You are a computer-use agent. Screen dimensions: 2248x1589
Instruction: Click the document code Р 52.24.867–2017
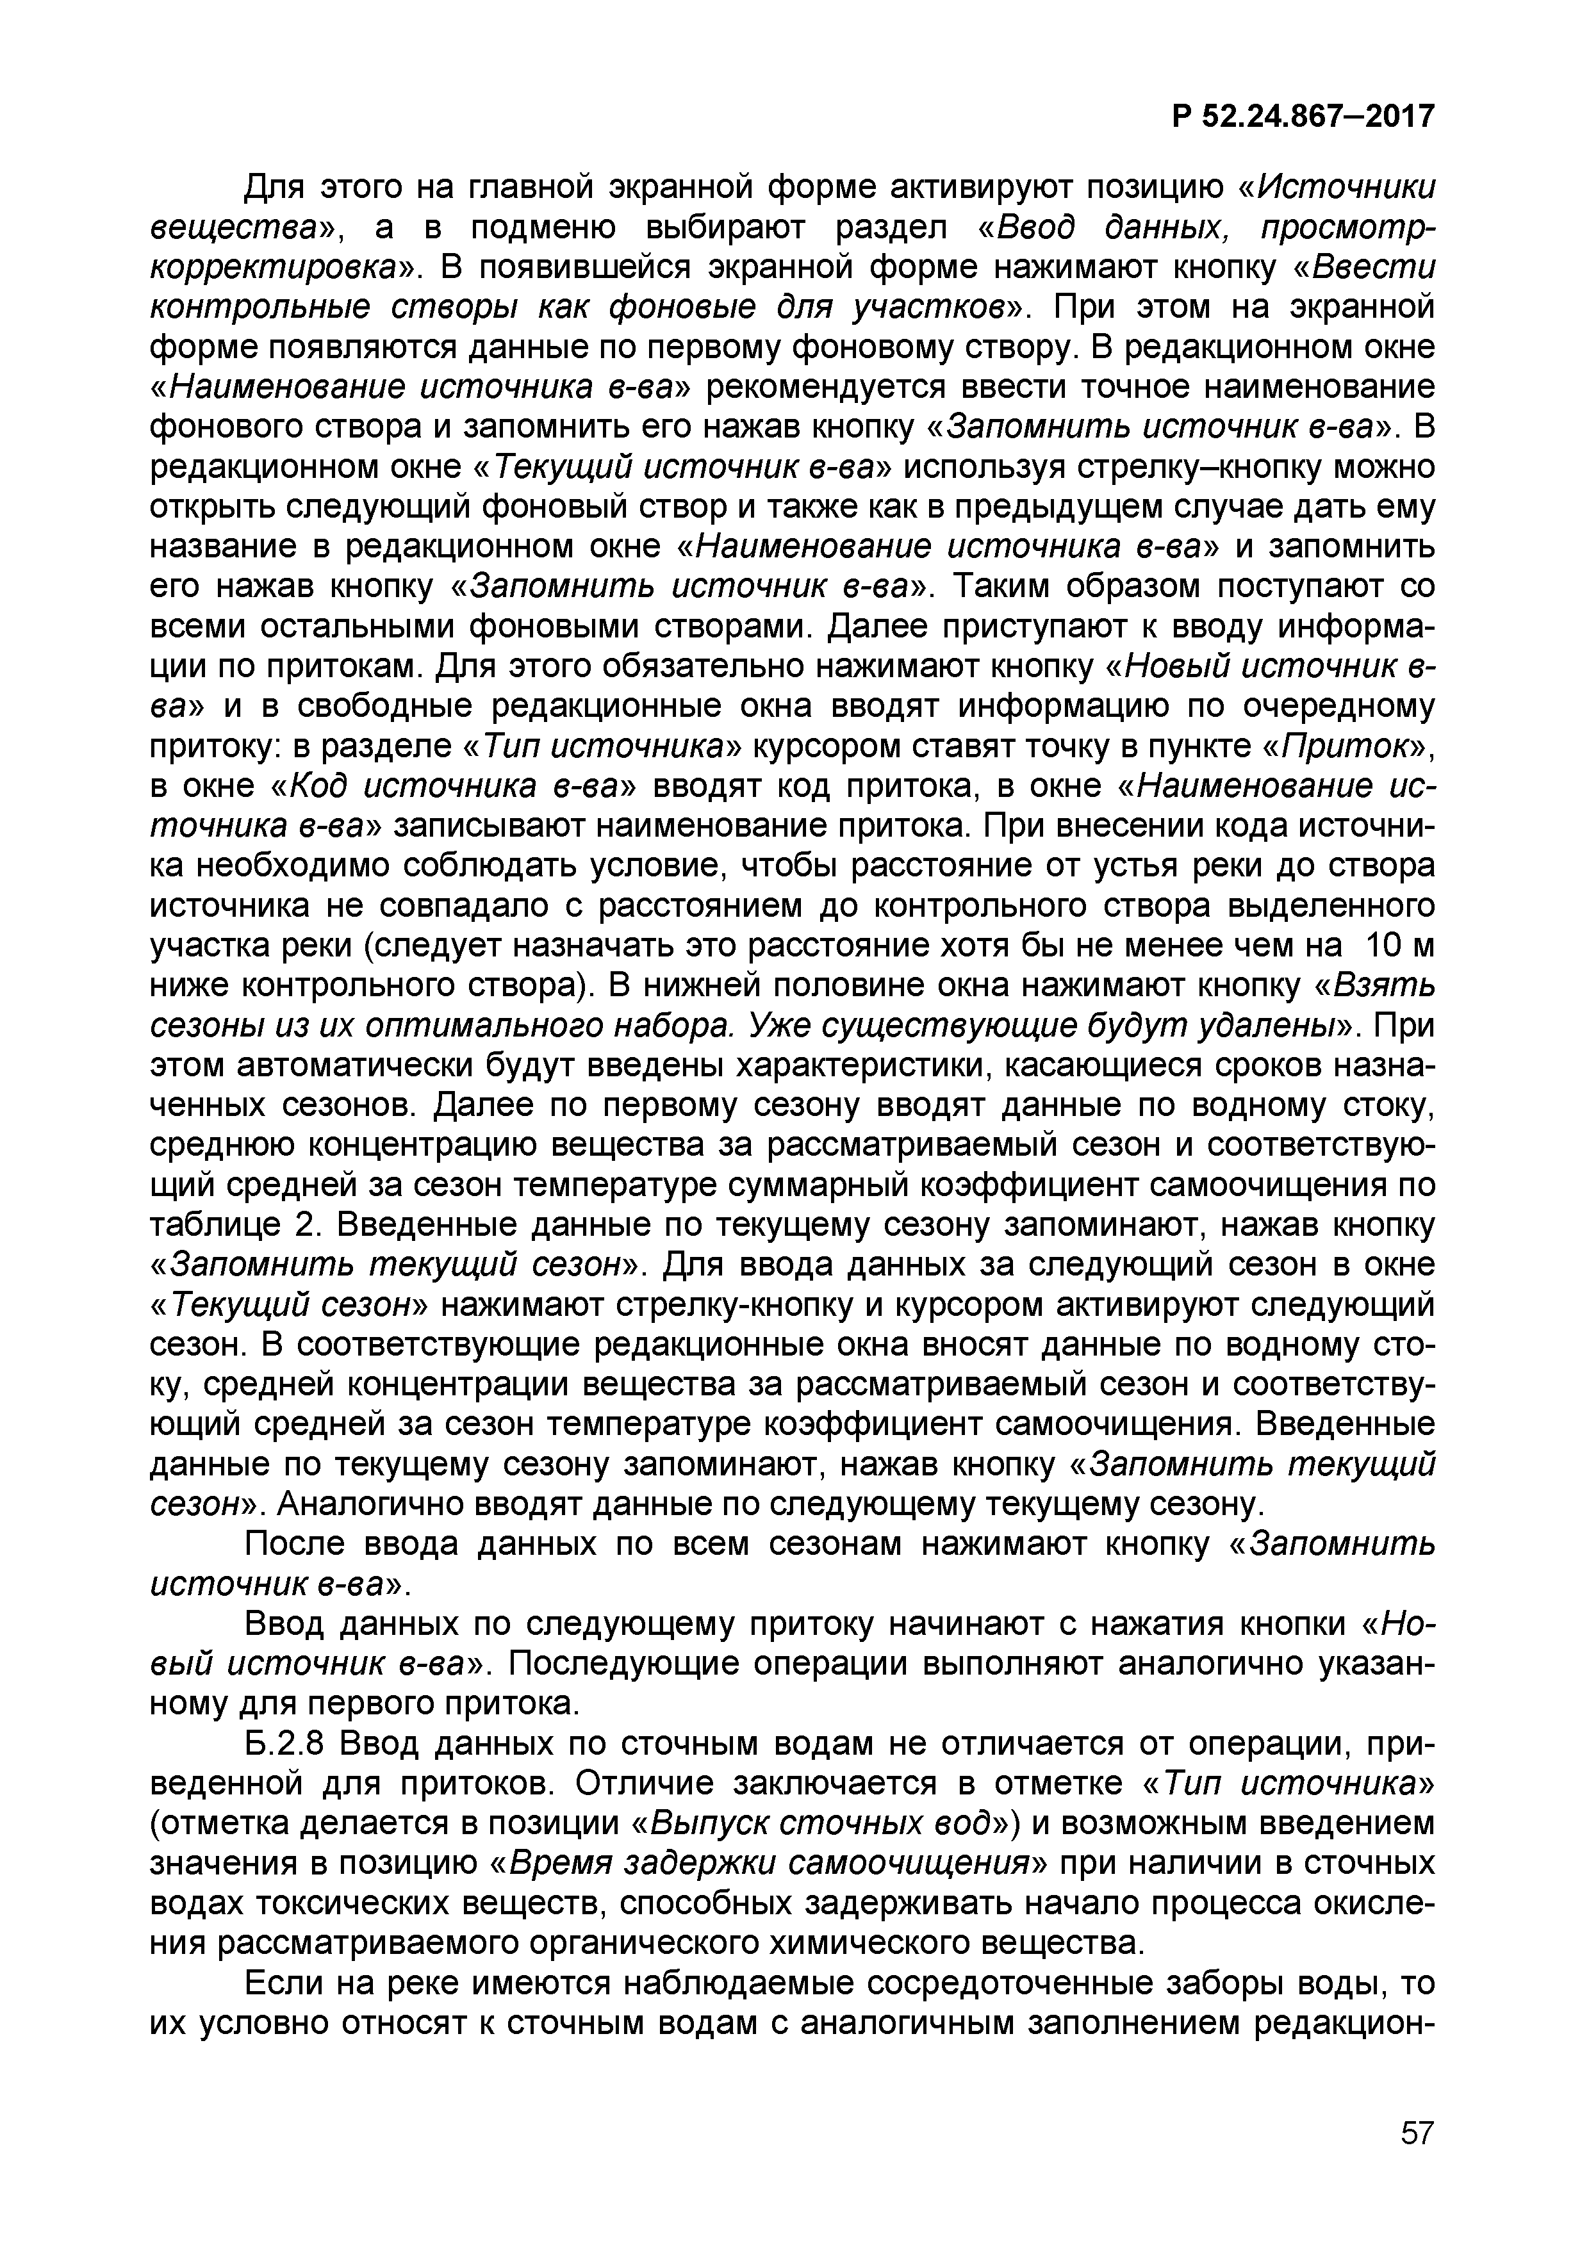[x=1302, y=117]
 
